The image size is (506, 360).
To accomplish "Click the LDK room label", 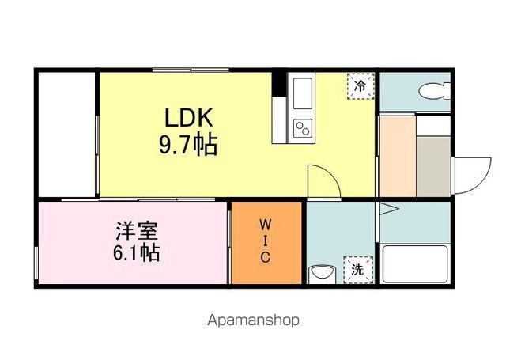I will [189, 119].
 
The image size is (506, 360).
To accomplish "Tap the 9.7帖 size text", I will [189, 146].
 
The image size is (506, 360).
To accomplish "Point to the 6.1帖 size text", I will [136, 253].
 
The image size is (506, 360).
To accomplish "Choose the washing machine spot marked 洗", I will [357, 269].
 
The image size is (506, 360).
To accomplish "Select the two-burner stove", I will [304, 128].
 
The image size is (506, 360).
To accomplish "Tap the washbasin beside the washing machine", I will [320, 273].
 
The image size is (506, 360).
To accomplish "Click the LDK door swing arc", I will [324, 180].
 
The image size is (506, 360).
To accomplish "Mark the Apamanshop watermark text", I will [253, 320].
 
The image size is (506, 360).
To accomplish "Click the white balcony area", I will [66, 135].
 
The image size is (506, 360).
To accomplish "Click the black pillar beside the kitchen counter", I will [278, 83].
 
